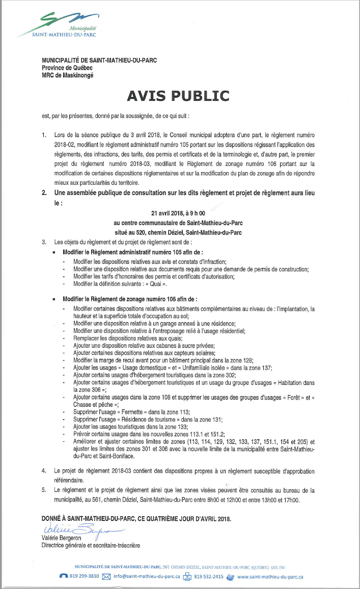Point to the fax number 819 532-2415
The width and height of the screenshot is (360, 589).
209,577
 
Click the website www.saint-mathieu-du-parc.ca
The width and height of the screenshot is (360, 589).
270,577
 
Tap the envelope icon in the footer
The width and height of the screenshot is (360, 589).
106,577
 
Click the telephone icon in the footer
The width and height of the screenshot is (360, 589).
63,577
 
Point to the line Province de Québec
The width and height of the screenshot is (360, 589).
67,68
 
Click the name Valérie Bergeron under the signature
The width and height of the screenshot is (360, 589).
62,539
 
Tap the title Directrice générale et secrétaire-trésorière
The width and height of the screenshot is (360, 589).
91,545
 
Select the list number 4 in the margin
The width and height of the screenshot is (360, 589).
44,471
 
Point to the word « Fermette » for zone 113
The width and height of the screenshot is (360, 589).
121,410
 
